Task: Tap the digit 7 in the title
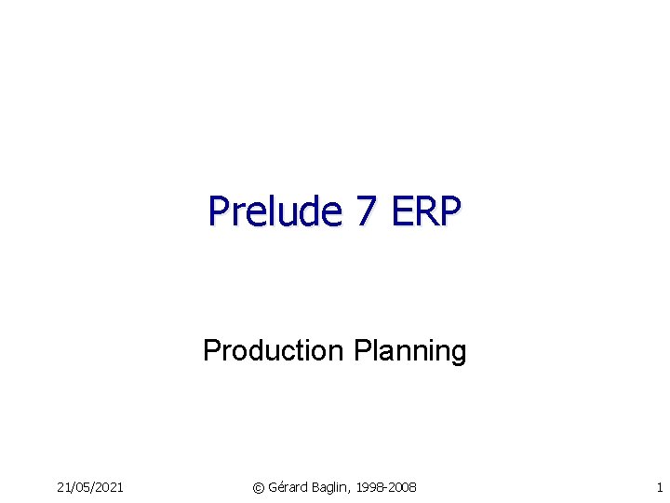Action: pos(365,211)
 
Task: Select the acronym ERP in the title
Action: pos(425,211)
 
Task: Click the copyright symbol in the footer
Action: pos(259,487)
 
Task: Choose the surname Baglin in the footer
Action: pos(332,487)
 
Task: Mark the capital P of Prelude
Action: pos(218,211)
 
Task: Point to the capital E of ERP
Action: pos(401,211)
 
